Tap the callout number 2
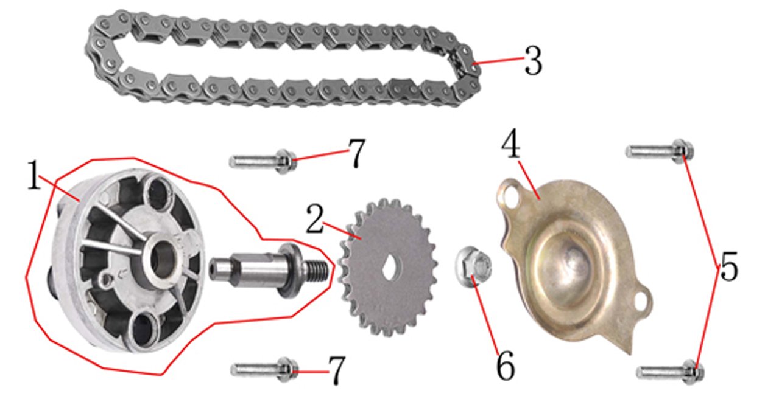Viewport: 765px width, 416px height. coord(314,218)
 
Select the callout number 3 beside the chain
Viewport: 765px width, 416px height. coord(533,61)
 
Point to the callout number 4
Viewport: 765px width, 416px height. coord(511,143)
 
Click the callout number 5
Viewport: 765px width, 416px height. coord(728,266)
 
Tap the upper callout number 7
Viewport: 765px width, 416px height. coord(356,153)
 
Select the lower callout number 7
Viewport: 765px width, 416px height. coord(337,370)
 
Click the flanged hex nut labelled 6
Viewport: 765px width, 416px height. coord(473,266)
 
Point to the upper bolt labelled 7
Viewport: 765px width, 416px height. coord(263,161)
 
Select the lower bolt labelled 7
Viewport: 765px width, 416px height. coord(264,369)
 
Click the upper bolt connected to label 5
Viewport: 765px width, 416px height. coord(660,151)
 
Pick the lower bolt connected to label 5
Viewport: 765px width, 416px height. coord(670,372)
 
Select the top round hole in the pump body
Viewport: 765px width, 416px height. coord(159,193)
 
